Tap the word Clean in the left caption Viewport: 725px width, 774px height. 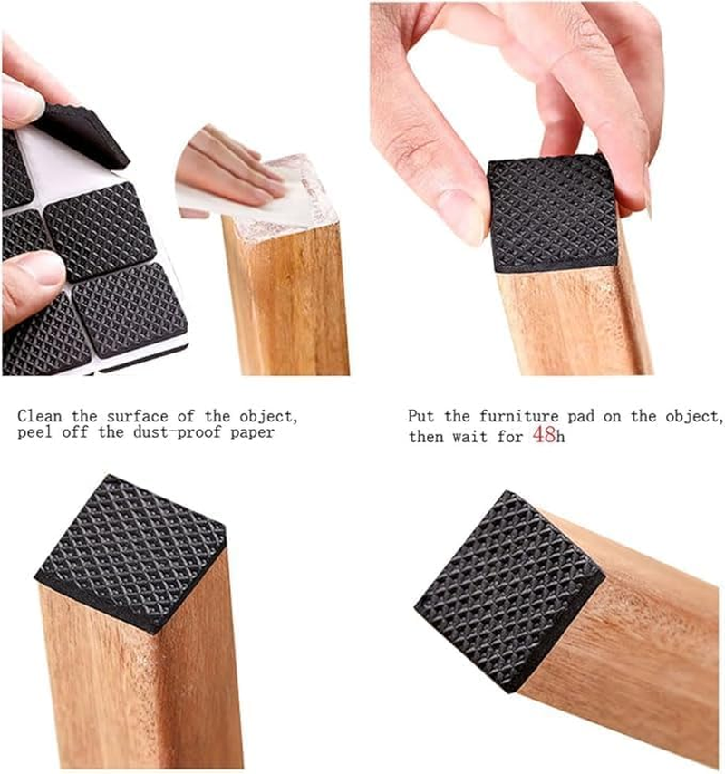pyautogui.click(x=41, y=416)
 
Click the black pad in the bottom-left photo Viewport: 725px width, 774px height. pyautogui.click(x=131, y=549)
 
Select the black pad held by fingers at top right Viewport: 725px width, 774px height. pyautogui.click(x=554, y=213)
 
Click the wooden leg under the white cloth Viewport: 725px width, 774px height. pyautogui.click(x=285, y=299)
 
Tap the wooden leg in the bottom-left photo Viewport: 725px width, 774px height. pyautogui.click(x=136, y=689)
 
